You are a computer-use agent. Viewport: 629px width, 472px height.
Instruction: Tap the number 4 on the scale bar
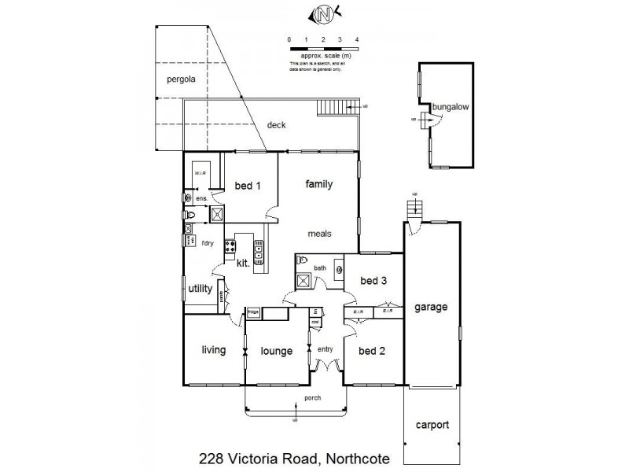pyautogui.click(x=357, y=39)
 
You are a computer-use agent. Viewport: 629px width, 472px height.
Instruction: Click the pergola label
pyautogui.click(x=180, y=79)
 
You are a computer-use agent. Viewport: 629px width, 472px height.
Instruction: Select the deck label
pyautogui.click(x=276, y=125)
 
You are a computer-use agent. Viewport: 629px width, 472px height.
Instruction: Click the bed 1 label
pyautogui.click(x=248, y=186)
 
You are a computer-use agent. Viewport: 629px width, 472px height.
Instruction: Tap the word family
pyautogui.click(x=319, y=185)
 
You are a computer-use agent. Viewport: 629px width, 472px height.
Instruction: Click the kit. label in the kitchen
pyautogui.click(x=243, y=264)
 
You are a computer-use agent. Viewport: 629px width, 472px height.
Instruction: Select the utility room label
pyautogui.click(x=200, y=289)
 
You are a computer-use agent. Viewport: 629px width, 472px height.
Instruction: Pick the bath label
pyautogui.click(x=320, y=268)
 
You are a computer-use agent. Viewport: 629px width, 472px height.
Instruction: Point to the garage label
pyautogui.click(x=432, y=307)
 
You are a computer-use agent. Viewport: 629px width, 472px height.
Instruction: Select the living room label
pyautogui.click(x=213, y=350)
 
